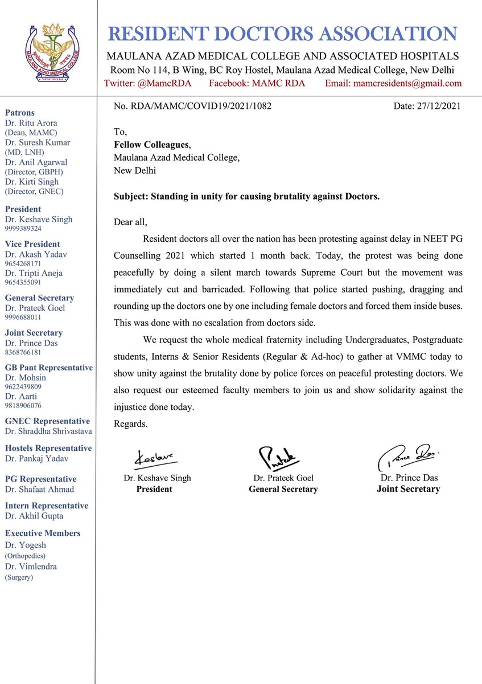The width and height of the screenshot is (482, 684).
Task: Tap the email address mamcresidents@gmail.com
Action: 393,84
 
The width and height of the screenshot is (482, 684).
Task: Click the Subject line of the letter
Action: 246,196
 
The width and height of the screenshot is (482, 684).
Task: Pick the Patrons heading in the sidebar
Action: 20,113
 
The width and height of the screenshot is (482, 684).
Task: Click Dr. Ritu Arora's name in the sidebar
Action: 31,123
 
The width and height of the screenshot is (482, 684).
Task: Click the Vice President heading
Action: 32,245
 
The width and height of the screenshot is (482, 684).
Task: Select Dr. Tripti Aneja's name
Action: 34,273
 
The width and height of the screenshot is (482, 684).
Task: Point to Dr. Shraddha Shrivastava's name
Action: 48,431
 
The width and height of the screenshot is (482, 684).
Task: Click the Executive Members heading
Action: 43,534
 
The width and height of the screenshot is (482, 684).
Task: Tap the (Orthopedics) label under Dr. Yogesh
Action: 25,555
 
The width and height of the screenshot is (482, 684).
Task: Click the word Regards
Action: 131,424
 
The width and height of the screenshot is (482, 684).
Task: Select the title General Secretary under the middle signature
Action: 283,489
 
